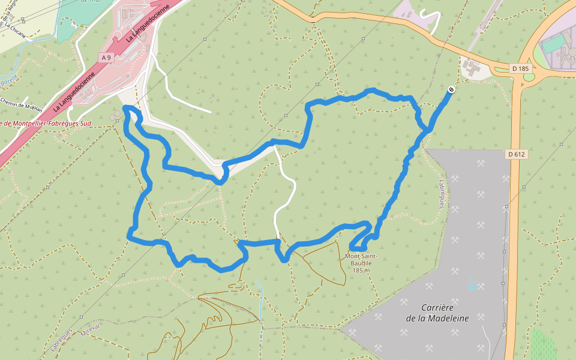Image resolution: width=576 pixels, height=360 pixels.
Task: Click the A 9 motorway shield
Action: click(x=106, y=57)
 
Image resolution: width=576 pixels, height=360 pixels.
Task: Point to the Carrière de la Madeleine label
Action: click(x=437, y=312)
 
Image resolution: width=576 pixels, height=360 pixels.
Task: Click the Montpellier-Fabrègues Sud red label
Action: click(x=46, y=124)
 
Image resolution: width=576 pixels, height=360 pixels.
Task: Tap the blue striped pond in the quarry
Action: click(x=474, y=284)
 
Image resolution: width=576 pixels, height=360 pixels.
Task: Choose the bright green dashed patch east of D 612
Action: click(x=543, y=345)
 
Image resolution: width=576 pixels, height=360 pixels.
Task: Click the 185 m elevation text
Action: click(x=361, y=271)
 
